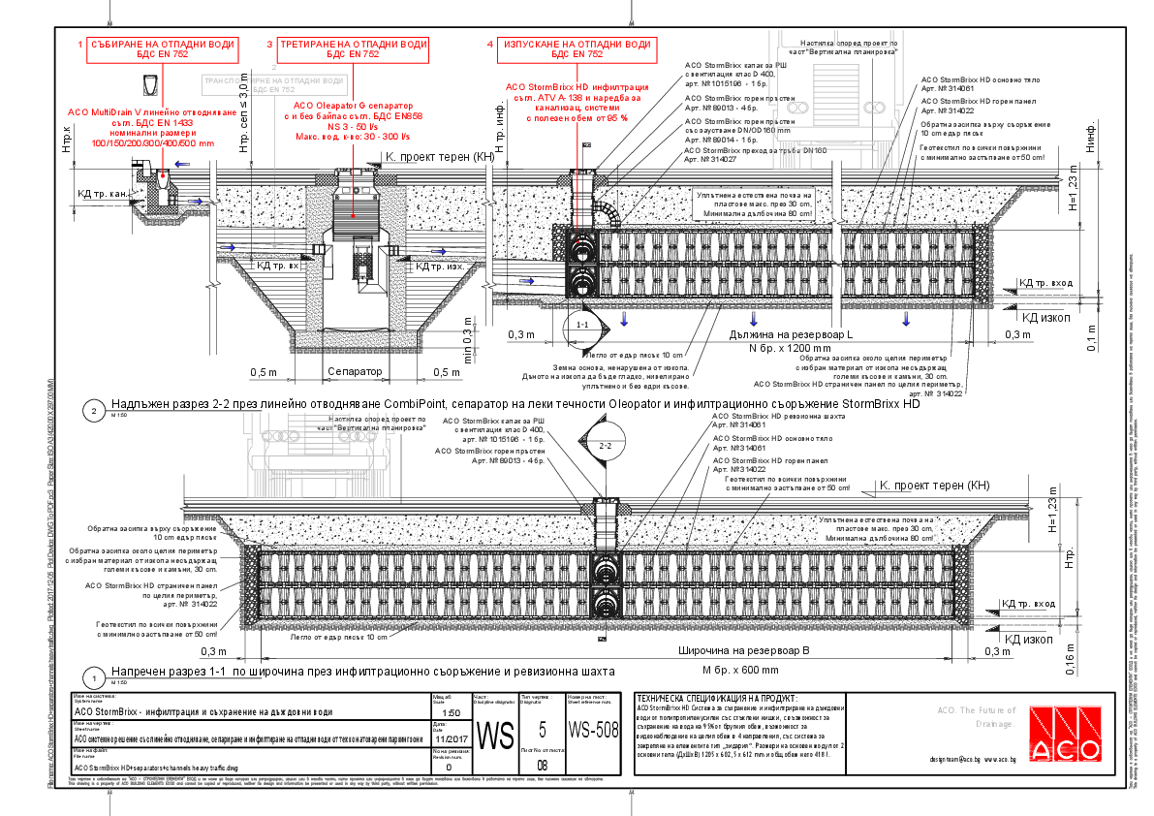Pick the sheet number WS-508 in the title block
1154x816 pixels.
click(x=592, y=730)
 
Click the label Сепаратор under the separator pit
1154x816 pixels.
click(x=354, y=372)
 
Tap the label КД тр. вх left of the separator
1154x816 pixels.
click(x=276, y=264)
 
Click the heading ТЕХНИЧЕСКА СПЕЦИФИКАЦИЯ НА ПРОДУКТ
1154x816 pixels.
click(x=716, y=698)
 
